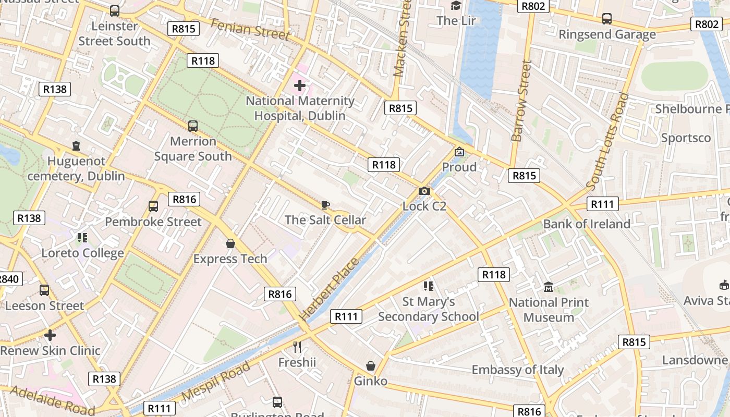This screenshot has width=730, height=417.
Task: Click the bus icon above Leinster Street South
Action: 115,10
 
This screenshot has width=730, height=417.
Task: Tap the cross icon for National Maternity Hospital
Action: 300,85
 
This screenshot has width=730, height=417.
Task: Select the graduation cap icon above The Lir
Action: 456,6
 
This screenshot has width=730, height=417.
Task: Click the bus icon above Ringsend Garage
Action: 607,19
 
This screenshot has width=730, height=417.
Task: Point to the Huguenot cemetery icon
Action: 77,146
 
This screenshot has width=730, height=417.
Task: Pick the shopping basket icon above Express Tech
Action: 230,243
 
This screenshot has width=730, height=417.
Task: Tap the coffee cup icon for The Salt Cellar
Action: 325,205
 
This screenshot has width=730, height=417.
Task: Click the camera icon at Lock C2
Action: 424,191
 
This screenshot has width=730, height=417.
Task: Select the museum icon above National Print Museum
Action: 549,287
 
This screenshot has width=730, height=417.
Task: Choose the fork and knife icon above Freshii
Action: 297,347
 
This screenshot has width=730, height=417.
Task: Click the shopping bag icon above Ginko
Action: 371,366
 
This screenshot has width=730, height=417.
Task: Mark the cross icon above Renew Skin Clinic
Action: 50,335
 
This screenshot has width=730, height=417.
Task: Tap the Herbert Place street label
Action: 329,289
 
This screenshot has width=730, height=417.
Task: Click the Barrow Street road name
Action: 521,101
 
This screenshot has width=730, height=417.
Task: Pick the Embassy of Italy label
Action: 518,370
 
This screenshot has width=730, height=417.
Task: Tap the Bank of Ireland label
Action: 587,224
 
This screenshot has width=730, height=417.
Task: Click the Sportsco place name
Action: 686,138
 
